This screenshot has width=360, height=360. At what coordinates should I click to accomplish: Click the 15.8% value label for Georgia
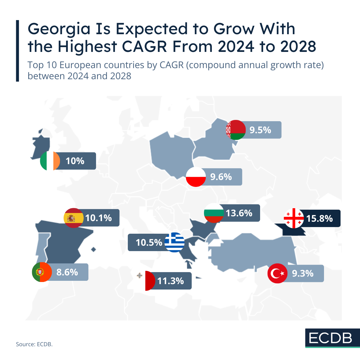tap(319, 218)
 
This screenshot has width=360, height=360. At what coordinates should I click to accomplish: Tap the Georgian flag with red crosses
tap(294, 218)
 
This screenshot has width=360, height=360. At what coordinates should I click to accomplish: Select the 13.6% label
tap(239, 213)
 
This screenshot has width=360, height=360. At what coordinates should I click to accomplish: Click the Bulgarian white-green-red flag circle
tap(214, 213)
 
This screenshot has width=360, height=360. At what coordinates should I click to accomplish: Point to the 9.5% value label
tap(260, 130)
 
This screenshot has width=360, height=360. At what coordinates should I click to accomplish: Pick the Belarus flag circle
tap(236, 130)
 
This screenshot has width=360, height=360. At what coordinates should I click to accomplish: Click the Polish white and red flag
tap(196, 177)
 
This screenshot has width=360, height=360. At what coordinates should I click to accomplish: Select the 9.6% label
tap(221, 177)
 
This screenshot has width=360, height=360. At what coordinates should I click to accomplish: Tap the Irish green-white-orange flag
tap(50, 161)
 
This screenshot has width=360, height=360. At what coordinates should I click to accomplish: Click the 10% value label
tap(75, 161)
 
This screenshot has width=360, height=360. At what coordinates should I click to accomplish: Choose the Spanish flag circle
tap(74, 218)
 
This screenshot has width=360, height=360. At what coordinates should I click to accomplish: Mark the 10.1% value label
tap(98, 218)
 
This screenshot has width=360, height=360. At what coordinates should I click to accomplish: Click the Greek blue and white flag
tap(175, 242)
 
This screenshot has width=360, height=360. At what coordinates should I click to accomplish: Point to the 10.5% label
tap(149, 242)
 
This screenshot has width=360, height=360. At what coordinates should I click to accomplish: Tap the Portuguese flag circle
tap(42, 272)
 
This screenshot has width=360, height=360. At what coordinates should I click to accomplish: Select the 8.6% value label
tap(67, 272)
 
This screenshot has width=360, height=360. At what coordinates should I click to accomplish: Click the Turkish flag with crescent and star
tap(277, 273)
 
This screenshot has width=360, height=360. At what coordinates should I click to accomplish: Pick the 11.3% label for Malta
tap(170, 281)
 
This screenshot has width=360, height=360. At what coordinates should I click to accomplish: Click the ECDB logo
tap(330, 338)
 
